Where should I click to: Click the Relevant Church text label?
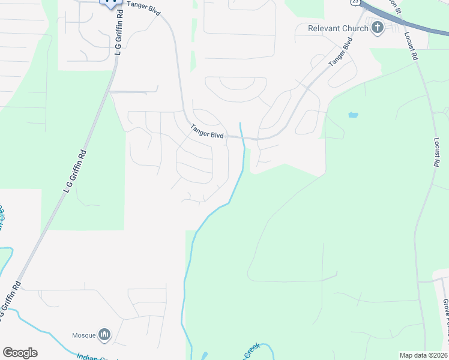pyautogui.click(x=337, y=28)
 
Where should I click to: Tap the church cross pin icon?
pyautogui.click(x=378, y=28)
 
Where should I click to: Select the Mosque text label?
pyautogui.click(x=84, y=335)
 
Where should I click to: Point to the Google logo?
pyautogui.click(x=20, y=353)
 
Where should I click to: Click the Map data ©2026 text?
pyautogui.click(x=423, y=355)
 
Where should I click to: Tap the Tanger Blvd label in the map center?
pyautogui.click(x=207, y=131)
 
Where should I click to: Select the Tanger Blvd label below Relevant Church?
pyautogui.click(x=339, y=53)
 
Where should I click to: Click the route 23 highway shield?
pyautogui.click(x=355, y=2)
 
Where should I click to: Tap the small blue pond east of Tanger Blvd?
pyautogui.click(x=353, y=114)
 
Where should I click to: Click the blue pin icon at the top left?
pyautogui.click(x=109, y=3)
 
